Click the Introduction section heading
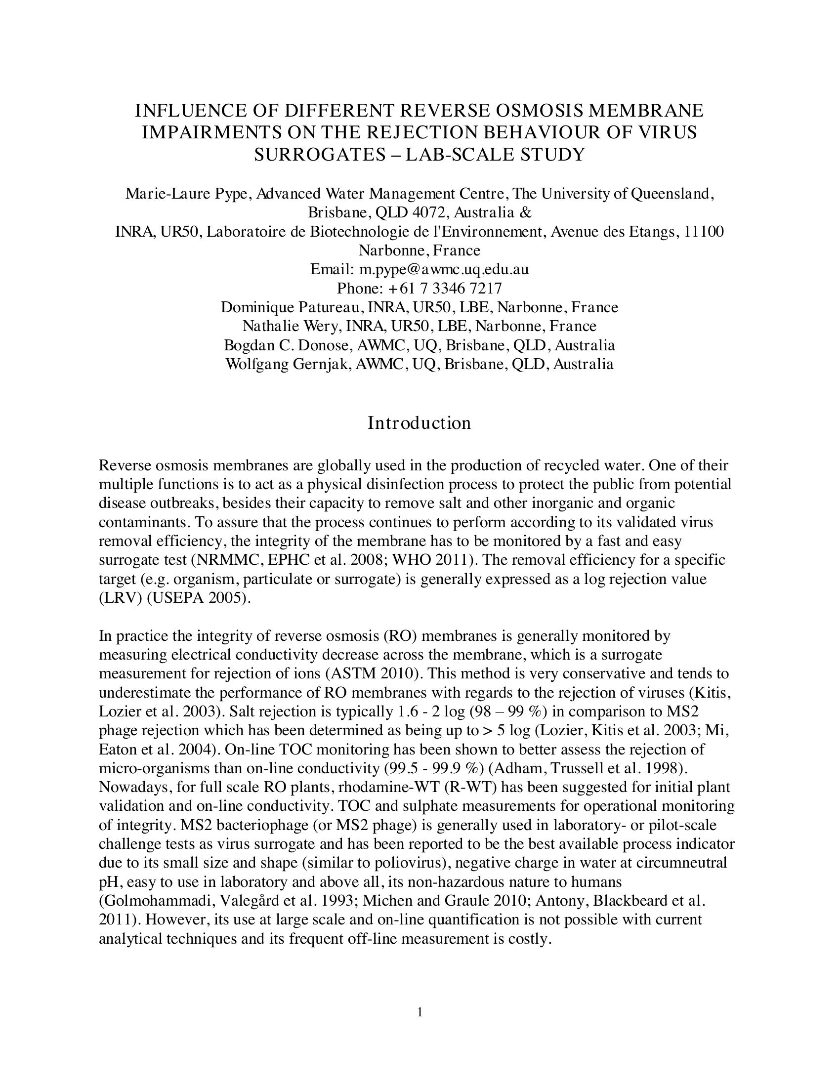click(x=419, y=423)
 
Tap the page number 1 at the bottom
click(x=420, y=1012)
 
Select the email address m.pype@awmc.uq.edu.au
click(x=444, y=269)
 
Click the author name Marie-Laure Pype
click(x=186, y=194)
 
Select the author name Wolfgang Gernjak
click(x=289, y=364)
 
